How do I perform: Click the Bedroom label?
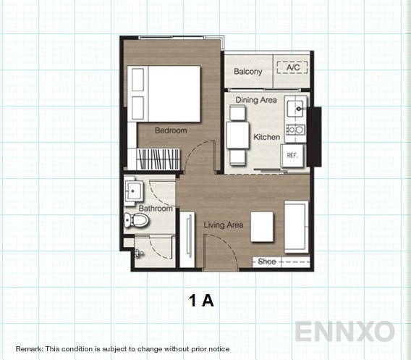coord(171,131)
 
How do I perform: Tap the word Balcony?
coord(248,72)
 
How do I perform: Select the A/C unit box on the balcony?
coord(292,69)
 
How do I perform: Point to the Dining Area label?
coord(255,100)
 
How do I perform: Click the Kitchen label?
coord(266,137)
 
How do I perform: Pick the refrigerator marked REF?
coord(293,155)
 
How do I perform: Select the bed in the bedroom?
coord(164,93)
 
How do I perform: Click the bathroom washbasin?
coord(135,191)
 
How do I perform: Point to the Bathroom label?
coord(156,209)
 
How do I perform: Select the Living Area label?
coord(223,225)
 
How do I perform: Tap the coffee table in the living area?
coord(262,226)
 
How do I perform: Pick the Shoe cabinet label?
coord(267,262)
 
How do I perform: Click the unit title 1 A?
coord(202,301)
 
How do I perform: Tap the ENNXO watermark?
coord(344,332)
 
